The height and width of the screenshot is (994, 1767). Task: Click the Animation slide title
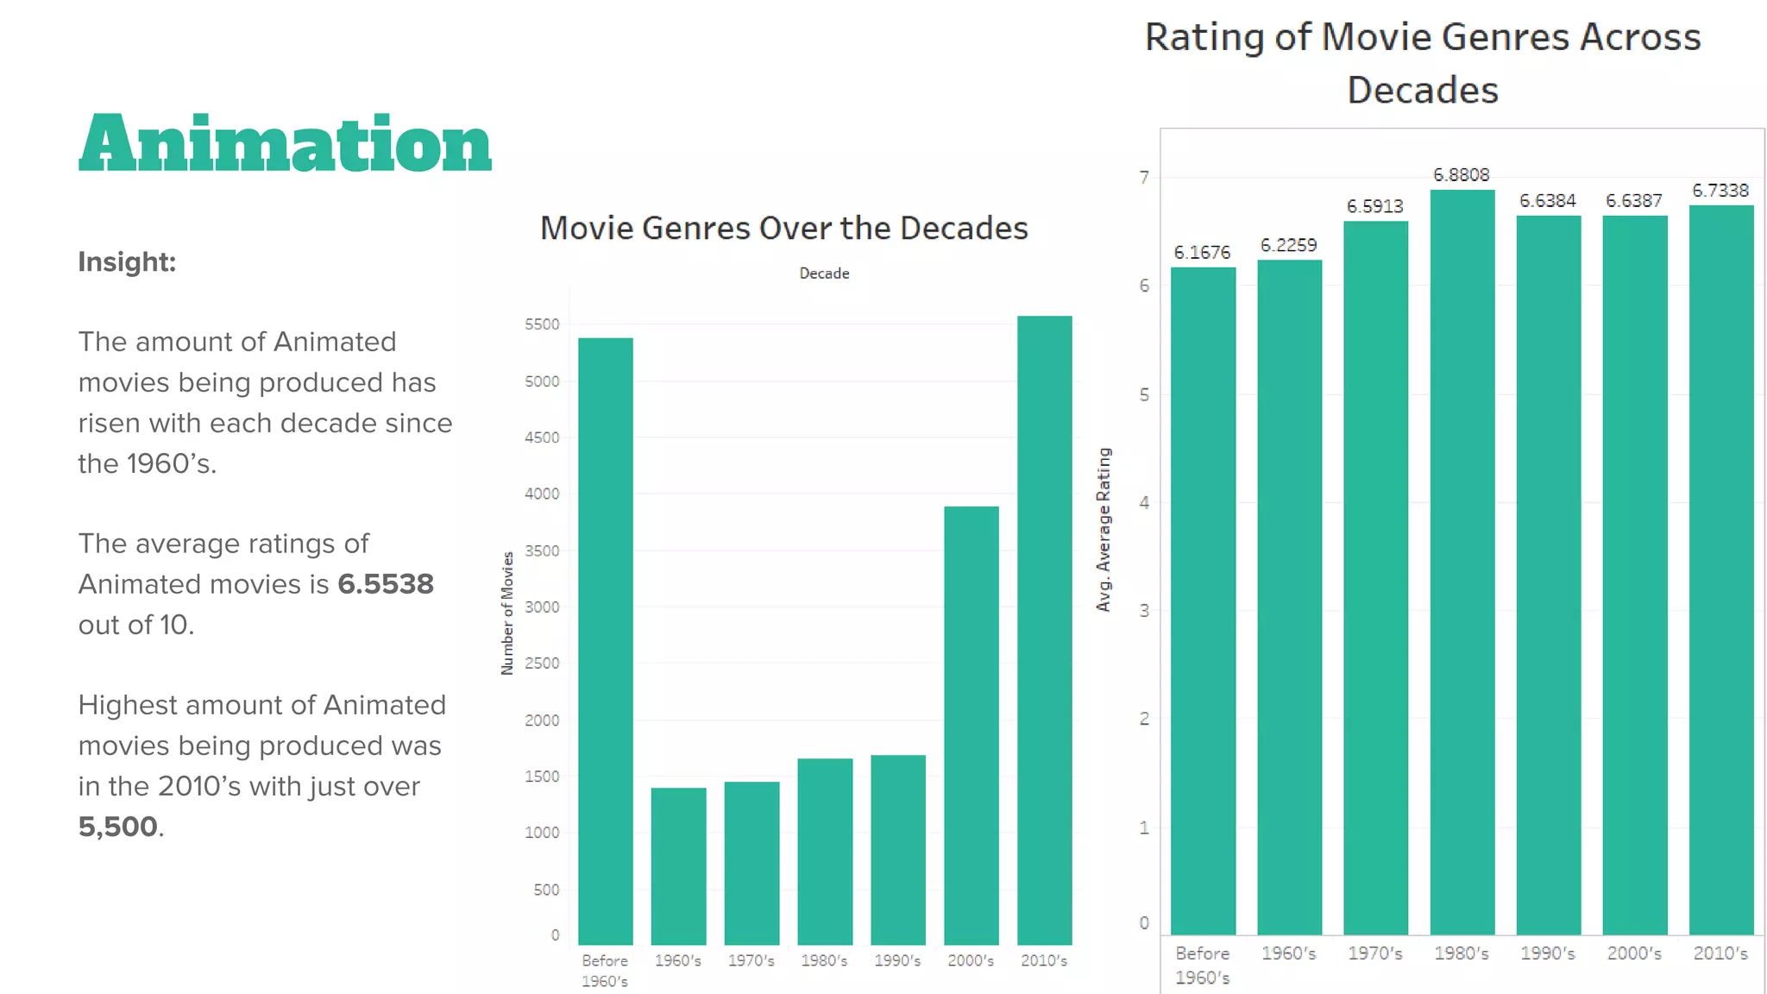click(x=285, y=143)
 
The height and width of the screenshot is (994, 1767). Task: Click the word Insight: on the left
click(x=127, y=261)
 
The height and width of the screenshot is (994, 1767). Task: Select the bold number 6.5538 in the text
click(x=385, y=584)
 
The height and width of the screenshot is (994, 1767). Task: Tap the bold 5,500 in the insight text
click(x=117, y=827)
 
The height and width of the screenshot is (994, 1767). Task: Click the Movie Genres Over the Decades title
click(x=783, y=229)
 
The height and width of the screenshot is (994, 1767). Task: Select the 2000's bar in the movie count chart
click(x=971, y=725)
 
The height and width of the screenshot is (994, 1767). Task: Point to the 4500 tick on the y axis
click(x=542, y=437)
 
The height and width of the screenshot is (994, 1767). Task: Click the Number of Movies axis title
click(x=507, y=613)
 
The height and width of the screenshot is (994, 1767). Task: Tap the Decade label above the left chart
click(x=824, y=274)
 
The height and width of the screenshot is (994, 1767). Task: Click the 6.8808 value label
click(x=1461, y=175)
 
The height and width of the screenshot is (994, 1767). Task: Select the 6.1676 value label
click(x=1202, y=253)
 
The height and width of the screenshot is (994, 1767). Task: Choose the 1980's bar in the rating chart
click(x=1462, y=561)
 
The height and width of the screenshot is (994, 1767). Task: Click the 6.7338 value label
click(x=1720, y=191)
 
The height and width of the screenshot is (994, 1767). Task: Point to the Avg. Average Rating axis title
click(x=1104, y=530)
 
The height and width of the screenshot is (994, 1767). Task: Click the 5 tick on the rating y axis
click(x=1144, y=395)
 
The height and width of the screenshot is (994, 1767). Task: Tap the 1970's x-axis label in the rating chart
click(x=1374, y=953)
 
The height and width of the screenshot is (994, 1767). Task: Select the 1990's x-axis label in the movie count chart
click(x=897, y=960)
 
